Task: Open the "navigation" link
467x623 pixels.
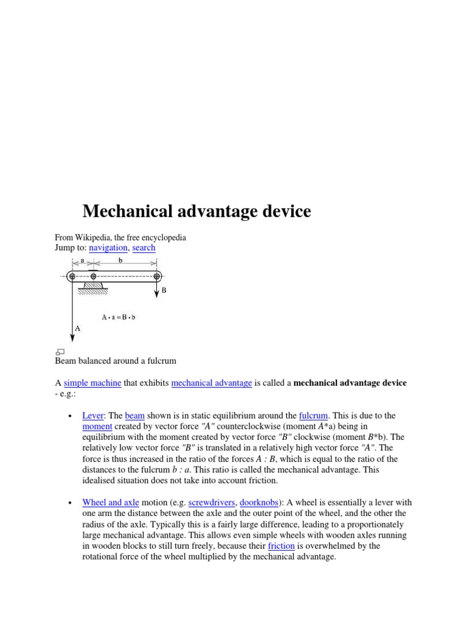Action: (108, 248)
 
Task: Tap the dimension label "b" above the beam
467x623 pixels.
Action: (120, 260)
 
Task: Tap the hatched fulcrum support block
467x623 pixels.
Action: (93, 287)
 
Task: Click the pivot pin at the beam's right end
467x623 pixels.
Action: (157, 276)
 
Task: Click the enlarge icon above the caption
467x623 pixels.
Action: (60, 352)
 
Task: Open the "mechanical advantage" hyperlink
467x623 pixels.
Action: (212, 383)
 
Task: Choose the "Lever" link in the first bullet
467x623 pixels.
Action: (93, 416)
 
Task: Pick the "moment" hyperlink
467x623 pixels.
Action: (97, 426)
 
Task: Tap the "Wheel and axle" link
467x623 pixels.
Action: (111, 503)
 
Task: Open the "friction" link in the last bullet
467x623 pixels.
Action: (281, 546)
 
